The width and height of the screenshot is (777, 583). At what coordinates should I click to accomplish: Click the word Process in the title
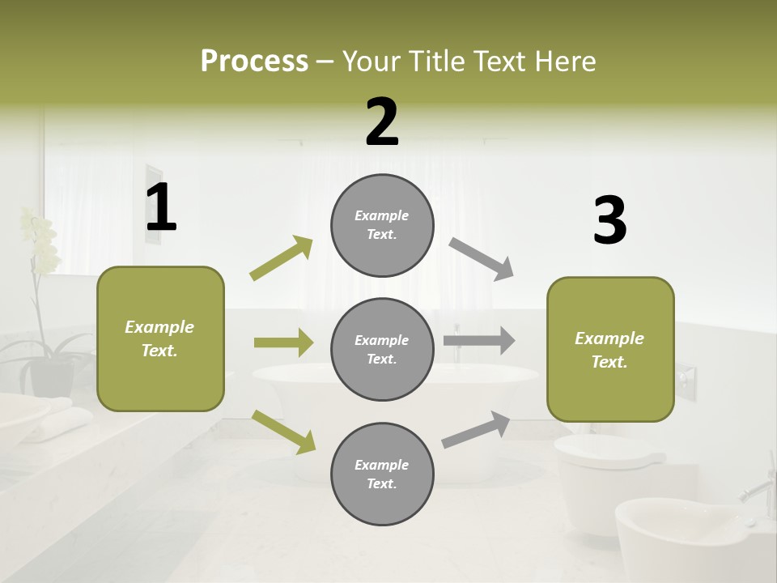click(x=254, y=62)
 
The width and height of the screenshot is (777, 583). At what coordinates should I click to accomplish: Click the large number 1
click(x=161, y=208)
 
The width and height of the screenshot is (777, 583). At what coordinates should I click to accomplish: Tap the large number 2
click(x=382, y=122)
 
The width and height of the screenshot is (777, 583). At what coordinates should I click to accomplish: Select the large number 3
click(x=609, y=221)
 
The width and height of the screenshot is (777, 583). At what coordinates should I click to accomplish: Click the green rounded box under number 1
click(x=160, y=338)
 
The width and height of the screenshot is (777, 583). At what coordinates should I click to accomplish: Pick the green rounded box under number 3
click(x=609, y=349)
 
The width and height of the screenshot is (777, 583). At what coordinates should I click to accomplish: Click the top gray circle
click(x=382, y=225)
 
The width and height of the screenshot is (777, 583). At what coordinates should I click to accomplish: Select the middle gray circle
click(x=382, y=349)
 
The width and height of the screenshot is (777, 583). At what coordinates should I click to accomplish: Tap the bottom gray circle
click(x=382, y=474)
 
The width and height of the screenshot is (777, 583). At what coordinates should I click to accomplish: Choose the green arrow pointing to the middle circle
click(x=283, y=343)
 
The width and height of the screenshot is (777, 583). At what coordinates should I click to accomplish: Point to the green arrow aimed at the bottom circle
click(x=283, y=431)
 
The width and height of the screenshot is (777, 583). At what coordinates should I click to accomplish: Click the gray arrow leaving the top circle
click(x=482, y=259)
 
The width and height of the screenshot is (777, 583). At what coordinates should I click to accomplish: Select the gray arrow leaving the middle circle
click(x=479, y=341)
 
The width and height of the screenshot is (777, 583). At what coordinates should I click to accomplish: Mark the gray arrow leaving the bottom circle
click(x=477, y=429)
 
